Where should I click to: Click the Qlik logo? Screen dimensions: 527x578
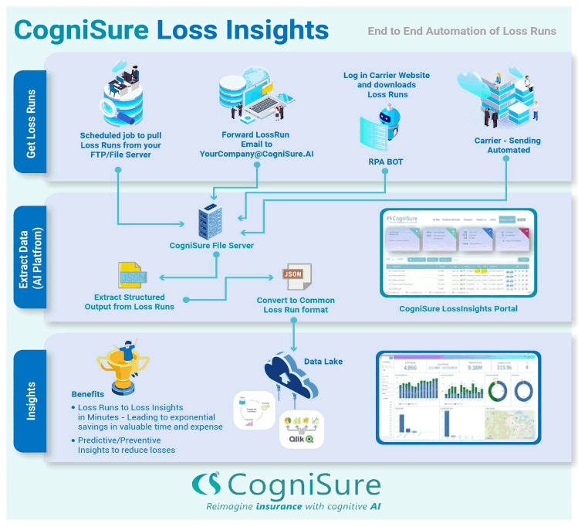point(302,438)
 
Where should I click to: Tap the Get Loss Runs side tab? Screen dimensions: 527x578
point(31,123)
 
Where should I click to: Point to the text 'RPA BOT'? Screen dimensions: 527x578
point(386,163)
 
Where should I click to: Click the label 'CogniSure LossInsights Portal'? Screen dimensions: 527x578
point(458,309)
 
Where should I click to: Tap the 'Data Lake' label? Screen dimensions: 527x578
point(324,360)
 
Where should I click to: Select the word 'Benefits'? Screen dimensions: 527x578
point(88,393)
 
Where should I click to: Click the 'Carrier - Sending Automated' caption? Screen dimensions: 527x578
point(508,145)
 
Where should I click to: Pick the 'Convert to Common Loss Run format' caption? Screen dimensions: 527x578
point(295,304)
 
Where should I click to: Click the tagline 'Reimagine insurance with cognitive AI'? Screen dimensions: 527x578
point(292,508)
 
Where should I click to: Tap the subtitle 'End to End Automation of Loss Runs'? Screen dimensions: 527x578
point(461,31)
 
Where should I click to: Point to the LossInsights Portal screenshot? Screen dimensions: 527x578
point(458,253)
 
